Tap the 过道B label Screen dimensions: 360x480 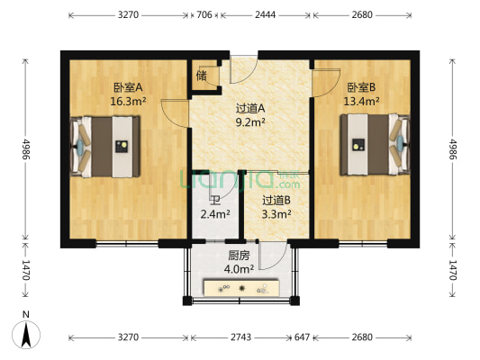276,200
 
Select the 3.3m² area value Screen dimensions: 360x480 276,214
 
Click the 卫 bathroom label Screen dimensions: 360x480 214,201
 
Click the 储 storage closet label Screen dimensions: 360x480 201,76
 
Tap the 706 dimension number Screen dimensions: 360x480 204,15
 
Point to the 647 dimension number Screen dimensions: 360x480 303,337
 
